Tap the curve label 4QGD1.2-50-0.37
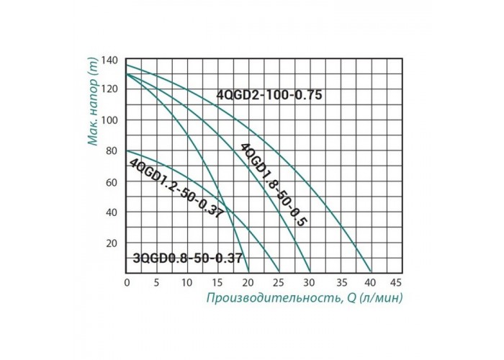[175, 189]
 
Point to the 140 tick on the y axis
[110, 59]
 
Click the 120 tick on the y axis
[110, 89]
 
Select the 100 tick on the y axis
[110, 120]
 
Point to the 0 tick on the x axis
[127, 282]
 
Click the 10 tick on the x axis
[187, 282]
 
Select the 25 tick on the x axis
[278, 282]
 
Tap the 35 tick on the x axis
[339, 282]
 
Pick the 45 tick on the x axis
[400, 282]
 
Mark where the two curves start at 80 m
[127, 150]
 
